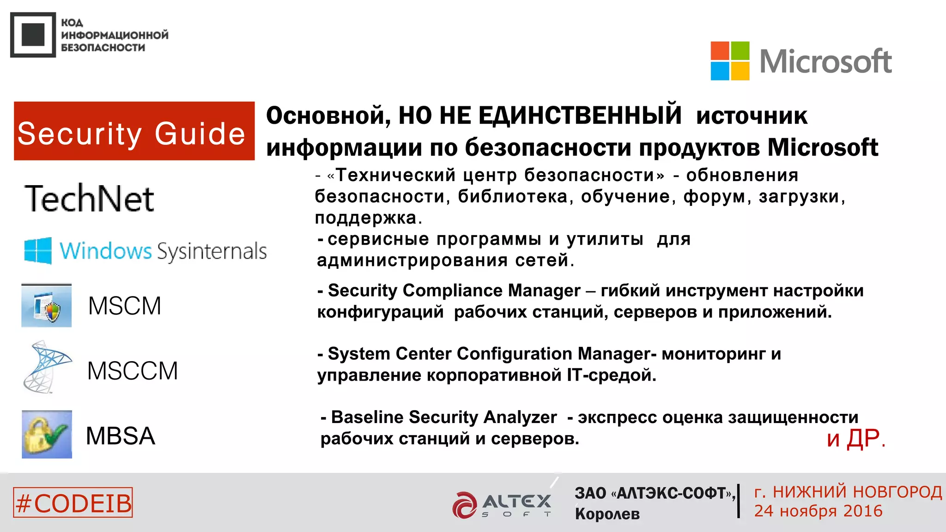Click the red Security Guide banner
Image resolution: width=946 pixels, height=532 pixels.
(x=134, y=131)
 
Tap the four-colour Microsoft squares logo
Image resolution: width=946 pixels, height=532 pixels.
(x=730, y=61)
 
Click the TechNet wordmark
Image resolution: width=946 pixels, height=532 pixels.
(x=89, y=199)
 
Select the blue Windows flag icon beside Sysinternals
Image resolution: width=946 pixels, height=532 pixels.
(x=38, y=251)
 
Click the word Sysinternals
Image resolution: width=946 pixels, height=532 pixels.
(x=212, y=252)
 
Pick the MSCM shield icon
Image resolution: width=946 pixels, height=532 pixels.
(x=47, y=306)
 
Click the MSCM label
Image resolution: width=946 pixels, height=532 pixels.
(x=125, y=306)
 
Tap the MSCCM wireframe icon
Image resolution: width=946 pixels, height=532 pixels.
(x=46, y=368)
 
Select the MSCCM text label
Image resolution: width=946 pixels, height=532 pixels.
(x=133, y=371)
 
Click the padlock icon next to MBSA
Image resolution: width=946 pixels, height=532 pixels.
(x=47, y=434)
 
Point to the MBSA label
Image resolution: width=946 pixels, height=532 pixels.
(x=121, y=436)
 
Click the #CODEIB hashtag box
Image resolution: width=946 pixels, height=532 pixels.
(x=73, y=502)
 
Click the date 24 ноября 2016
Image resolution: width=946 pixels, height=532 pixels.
(x=818, y=511)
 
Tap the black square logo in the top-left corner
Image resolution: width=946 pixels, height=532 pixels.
(x=33, y=35)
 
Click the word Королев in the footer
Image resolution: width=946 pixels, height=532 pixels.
(x=607, y=514)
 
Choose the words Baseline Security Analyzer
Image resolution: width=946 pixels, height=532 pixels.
(x=444, y=417)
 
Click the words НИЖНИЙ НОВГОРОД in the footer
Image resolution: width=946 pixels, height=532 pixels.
(x=857, y=492)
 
